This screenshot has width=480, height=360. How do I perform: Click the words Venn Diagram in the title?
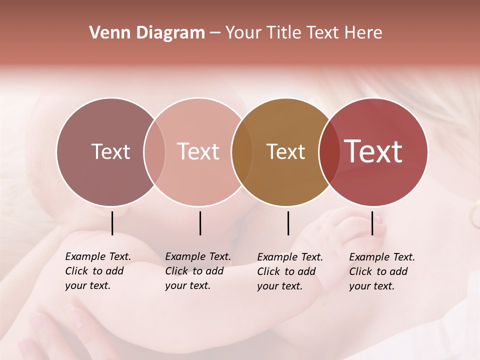coord(147,33)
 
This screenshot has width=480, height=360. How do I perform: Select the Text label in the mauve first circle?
coord(110,151)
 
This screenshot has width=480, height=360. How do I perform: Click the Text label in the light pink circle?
coord(198,151)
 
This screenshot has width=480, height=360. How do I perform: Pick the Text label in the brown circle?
coord(285,151)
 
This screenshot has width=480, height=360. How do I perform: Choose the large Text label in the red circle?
coord(373,151)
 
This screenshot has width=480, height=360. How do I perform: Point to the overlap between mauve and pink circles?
coord(154,152)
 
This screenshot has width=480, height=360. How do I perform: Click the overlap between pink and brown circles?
coord(242,152)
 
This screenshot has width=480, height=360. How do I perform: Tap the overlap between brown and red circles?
coord(329,152)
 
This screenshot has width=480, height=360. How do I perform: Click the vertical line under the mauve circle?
coord(112,223)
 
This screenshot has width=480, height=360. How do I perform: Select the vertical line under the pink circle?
coord(200,223)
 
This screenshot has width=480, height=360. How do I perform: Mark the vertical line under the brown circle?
coord(288,223)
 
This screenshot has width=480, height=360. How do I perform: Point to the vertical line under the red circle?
coord(372,223)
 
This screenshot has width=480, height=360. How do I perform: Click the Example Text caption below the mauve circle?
coord(98,271)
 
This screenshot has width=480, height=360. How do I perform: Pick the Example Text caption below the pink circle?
coord(198,271)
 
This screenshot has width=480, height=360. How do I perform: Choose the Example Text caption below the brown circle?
coord(290,271)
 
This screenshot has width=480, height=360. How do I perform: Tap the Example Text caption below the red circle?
coord(382,271)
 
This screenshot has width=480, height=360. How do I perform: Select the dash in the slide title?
coord(215,33)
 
